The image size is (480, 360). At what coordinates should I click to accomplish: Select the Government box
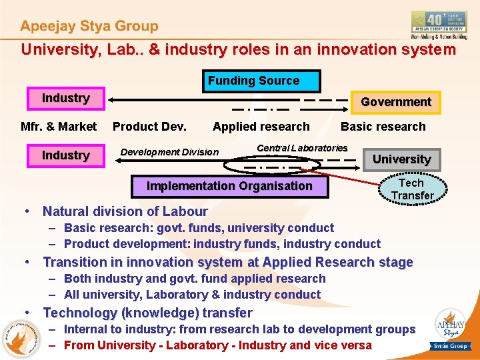coord(396,102)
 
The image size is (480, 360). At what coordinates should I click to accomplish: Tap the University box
coord(401,159)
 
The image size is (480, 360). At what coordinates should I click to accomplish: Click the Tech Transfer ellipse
coord(411,189)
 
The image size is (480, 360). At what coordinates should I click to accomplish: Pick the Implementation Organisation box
coord(229,186)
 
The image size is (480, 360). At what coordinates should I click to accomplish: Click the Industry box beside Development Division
coord(65,155)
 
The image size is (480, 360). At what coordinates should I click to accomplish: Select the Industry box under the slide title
coord(65,99)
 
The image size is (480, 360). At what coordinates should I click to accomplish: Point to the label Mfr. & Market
coord(59,127)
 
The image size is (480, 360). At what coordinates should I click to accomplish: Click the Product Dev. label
coord(149,127)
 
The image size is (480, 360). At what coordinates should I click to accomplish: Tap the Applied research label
coord(261,127)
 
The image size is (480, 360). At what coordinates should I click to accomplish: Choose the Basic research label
coord(383,127)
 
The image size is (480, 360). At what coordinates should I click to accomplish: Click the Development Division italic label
coord(169,152)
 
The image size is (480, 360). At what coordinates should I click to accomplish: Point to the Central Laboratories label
coord(302,148)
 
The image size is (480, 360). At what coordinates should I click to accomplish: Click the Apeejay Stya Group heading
coord(89,27)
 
